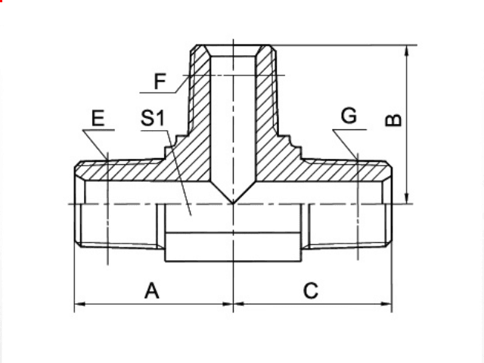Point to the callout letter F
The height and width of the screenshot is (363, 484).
[x=160, y=80]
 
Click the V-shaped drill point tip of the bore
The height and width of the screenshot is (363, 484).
[x=233, y=202]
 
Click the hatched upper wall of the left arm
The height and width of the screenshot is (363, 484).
[x=136, y=172]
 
